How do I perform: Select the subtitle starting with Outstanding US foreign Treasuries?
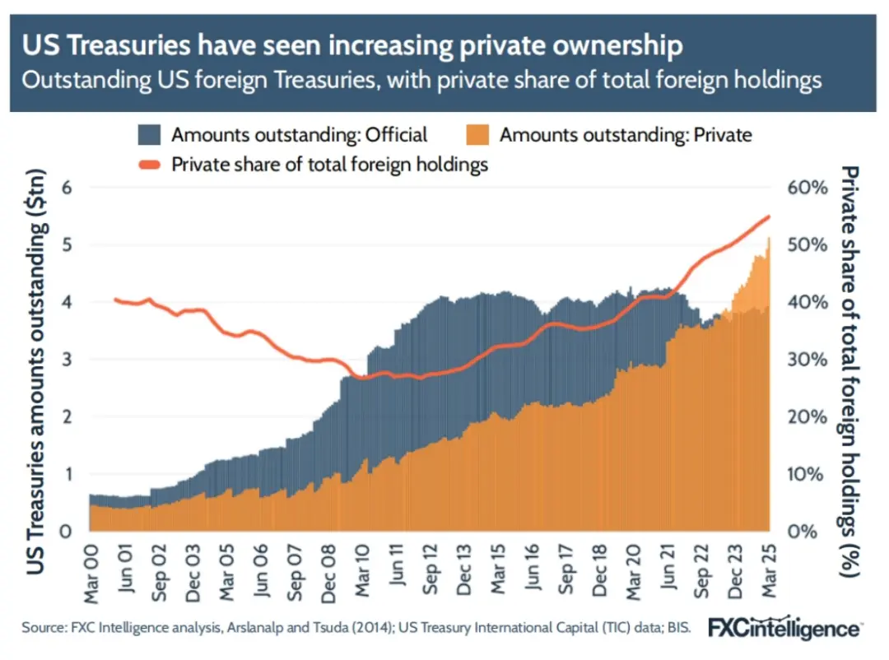click(x=421, y=81)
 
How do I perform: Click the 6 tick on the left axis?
click(x=68, y=187)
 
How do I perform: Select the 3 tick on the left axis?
click(x=68, y=359)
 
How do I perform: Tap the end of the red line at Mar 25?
click(x=768, y=216)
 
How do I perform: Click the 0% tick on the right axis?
click(x=809, y=531)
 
